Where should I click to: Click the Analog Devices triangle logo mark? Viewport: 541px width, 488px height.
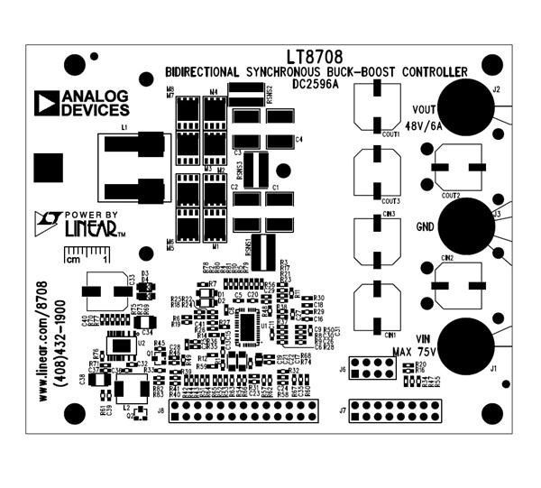pos(46,102)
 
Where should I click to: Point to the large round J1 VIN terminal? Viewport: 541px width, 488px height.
pos(468,345)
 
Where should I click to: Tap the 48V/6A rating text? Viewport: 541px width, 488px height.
pos(425,127)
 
